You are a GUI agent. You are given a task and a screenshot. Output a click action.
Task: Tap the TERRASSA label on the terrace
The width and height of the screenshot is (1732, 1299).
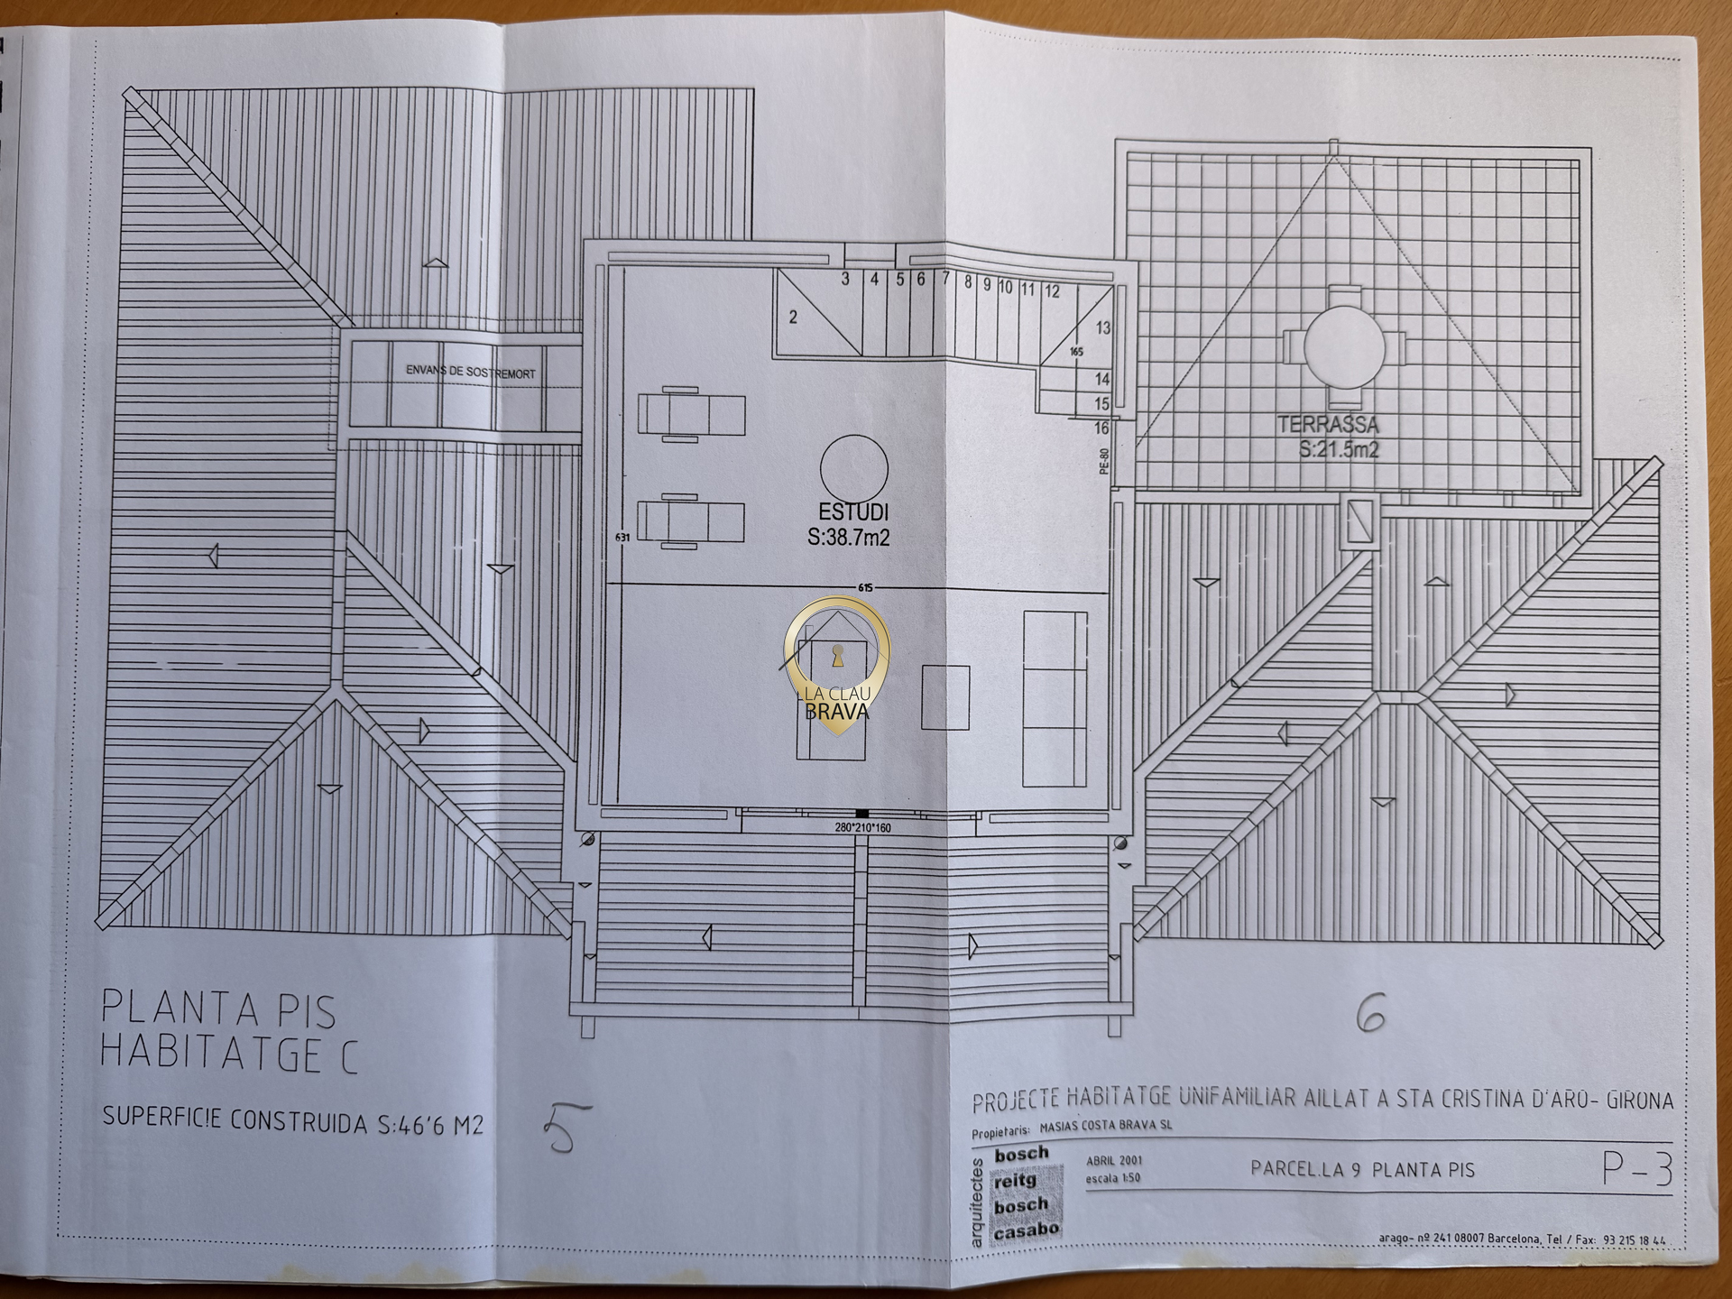pyautogui.click(x=1327, y=425)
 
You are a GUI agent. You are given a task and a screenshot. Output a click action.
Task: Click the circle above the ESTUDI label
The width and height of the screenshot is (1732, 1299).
pyautogui.click(x=853, y=468)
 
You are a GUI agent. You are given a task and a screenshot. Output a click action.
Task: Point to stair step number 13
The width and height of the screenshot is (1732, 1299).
pyautogui.click(x=1102, y=328)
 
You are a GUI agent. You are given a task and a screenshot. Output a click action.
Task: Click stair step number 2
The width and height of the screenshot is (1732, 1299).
pyautogui.click(x=793, y=318)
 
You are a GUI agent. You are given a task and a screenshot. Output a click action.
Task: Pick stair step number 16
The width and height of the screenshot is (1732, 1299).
pyautogui.click(x=1101, y=428)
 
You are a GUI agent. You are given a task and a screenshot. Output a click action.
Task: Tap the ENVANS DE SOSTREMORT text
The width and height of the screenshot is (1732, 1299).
pyautogui.click(x=470, y=372)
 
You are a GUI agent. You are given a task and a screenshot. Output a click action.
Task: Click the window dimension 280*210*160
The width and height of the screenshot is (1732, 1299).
pyautogui.click(x=862, y=827)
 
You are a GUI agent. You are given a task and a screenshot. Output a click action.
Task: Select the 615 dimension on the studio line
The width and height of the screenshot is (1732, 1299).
pyautogui.click(x=866, y=588)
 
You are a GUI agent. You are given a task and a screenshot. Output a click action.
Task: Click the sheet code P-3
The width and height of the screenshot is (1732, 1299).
pyautogui.click(x=1636, y=1170)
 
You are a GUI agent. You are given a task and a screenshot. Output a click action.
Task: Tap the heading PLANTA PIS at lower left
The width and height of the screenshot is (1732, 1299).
pyautogui.click(x=218, y=1009)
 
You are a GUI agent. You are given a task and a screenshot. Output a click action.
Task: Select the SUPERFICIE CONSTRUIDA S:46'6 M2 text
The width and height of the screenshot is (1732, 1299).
pyautogui.click(x=292, y=1121)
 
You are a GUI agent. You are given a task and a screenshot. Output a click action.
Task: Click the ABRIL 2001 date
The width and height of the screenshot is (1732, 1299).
pyautogui.click(x=1114, y=1161)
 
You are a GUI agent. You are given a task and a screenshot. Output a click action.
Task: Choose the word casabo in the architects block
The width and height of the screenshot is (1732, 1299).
pyautogui.click(x=1026, y=1230)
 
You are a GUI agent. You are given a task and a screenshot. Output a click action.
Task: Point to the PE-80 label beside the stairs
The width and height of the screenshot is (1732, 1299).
pyautogui.click(x=1104, y=460)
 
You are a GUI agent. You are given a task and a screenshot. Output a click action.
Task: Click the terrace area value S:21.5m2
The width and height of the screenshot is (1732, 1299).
pyautogui.click(x=1339, y=449)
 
